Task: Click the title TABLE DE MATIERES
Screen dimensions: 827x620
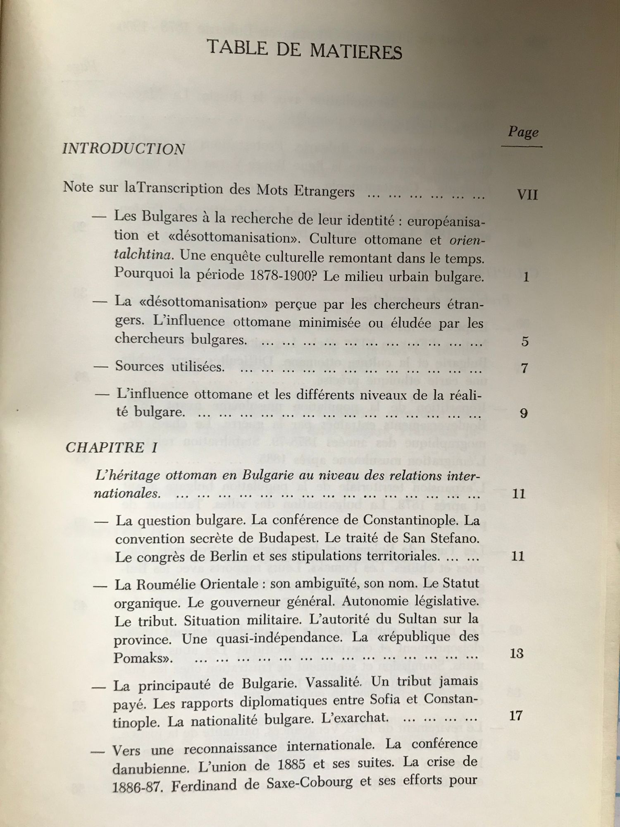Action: pyautogui.click(x=304, y=50)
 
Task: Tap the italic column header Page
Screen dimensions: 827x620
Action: pyautogui.click(x=523, y=132)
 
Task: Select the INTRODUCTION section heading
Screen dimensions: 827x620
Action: pyautogui.click(x=124, y=149)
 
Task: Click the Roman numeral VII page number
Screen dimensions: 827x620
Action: pyautogui.click(x=527, y=195)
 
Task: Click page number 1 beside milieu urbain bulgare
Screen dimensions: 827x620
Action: pyautogui.click(x=526, y=277)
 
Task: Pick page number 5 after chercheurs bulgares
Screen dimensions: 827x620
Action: pyautogui.click(x=525, y=342)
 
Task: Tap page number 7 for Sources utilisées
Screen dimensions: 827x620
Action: pyautogui.click(x=525, y=368)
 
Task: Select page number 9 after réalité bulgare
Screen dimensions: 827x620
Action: pyautogui.click(x=524, y=413)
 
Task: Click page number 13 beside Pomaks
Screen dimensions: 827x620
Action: pyautogui.click(x=517, y=653)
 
